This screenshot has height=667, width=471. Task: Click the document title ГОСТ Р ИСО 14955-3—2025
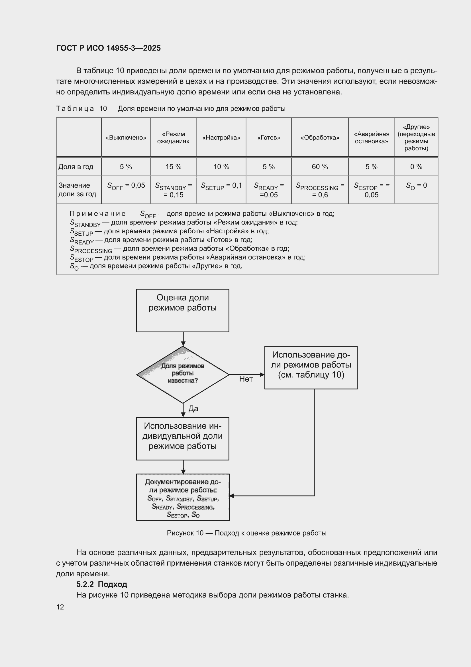(x=108, y=48)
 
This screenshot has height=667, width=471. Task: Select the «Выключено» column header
(x=126, y=138)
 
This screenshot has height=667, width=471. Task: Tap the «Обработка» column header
(x=320, y=138)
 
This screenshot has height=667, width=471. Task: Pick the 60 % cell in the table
(x=320, y=167)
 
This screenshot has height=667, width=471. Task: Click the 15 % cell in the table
(x=174, y=167)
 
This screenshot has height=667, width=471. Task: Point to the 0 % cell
(x=416, y=167)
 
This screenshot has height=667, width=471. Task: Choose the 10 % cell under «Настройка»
(x=221, y=167)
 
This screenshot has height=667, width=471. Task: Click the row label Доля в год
(x=76, y=167)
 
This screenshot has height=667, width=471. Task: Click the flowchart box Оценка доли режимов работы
(x=183, y=310)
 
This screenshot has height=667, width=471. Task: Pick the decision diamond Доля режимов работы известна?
(x=183, y=375)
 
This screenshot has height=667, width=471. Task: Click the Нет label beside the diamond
(x=246, y=379)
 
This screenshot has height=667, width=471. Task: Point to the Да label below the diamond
(x=193, y=409)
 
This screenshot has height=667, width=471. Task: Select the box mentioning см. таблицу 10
(x=311, y=367)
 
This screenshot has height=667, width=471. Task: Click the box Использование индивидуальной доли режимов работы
(x=183, y=439)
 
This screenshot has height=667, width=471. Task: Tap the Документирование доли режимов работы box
(x=183, y=497)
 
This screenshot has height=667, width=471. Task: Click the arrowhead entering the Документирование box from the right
(x=232, y=496)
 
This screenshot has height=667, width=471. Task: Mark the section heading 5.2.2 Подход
(x=101, y=584)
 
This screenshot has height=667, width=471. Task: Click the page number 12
(x=60, y=607)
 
